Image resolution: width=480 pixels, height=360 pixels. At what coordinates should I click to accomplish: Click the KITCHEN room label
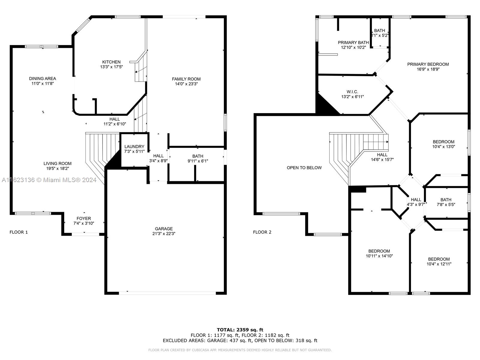[111, 62]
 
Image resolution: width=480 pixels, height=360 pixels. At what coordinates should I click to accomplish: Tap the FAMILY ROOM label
[186, 79]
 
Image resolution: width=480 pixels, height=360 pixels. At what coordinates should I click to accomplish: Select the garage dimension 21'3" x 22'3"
[164, 233]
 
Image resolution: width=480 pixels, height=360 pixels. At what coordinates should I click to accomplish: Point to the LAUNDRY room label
[134, 147]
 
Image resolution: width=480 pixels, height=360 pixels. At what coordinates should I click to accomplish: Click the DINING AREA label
[42, 79]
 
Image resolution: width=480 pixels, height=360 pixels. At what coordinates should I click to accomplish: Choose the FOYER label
[84, 218]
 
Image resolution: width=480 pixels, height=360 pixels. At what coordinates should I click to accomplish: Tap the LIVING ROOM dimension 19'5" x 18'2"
[57, 169]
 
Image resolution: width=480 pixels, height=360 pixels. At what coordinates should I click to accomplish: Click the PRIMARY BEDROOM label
[428, 64]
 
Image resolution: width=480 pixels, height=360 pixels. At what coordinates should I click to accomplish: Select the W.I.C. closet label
[352, 92]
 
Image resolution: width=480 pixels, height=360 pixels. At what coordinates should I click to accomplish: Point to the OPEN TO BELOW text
[304, 168]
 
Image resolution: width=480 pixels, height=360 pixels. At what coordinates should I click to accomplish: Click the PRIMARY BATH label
[353, 42]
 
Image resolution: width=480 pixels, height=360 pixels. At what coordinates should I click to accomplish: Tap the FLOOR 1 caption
[19, 232]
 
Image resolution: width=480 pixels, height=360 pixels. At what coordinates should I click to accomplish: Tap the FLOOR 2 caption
[262, 232]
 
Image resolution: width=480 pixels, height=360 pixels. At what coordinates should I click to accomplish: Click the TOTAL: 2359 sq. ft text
[240, 330]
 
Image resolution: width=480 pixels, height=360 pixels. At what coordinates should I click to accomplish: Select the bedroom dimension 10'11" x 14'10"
[379, 256]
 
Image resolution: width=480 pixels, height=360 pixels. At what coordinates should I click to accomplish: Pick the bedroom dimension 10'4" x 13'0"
[443, 147]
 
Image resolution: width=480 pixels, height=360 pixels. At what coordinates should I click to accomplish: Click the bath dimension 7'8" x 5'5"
[446, 205]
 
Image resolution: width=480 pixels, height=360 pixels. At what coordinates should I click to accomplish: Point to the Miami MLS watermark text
[49, 180]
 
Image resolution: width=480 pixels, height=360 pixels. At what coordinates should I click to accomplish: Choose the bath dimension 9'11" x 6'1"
[198, 161]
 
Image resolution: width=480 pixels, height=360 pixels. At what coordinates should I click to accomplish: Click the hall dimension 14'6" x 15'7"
[382, 160]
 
